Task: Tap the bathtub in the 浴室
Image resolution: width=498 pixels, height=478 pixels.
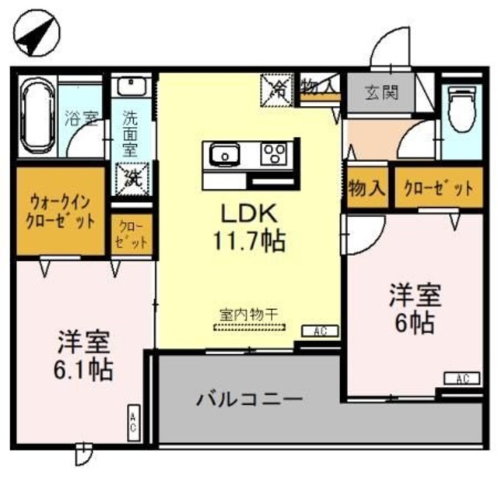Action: point(37,117)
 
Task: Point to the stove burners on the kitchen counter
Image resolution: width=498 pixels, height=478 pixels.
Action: point(274,153)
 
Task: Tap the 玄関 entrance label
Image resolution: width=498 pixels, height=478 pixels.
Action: point(382,93)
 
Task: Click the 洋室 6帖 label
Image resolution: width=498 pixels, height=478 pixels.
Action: point(415,308)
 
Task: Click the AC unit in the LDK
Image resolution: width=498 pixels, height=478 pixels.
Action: point(319,331)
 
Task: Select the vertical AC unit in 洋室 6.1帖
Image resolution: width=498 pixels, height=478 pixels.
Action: point(133,424)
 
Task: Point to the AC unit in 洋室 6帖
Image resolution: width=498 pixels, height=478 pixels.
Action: point(462,379)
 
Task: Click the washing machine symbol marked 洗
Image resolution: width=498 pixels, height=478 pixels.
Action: point(128,176)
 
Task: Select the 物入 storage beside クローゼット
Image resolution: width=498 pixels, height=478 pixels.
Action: point(366,189)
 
